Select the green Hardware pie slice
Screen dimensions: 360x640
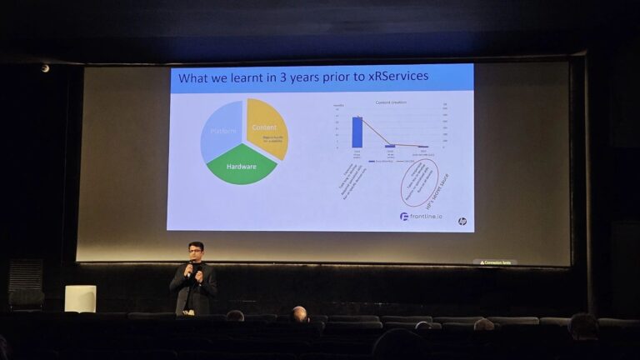coord(241,167)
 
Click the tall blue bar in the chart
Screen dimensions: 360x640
coord(357,132)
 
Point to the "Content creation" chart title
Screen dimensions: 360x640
coord(392,102)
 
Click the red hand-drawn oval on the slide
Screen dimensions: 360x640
coord(419,182)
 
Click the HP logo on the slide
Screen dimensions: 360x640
coord(462,221)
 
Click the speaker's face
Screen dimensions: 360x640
coord(195,252)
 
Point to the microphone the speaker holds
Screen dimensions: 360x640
coord(190,267)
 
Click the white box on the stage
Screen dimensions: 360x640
coord(80,298)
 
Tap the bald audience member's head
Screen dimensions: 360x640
coord(299,313)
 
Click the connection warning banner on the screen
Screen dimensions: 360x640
coord(494,262)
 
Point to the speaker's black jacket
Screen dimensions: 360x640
coord(195,288)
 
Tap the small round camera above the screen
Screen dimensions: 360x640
coord(45,68)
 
